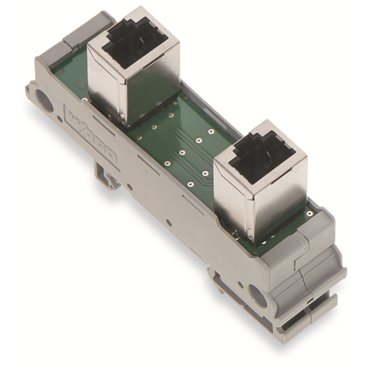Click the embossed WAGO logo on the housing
click(x=92, y=134)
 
